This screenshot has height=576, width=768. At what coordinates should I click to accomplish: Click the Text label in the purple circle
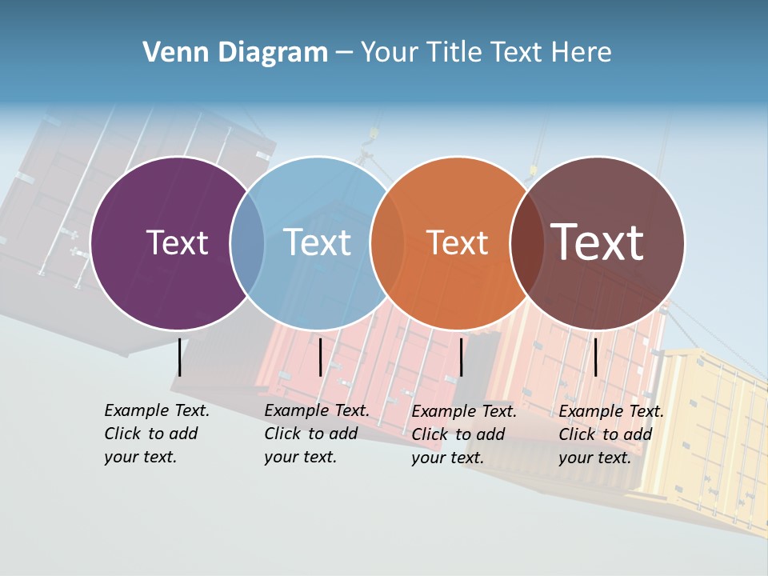point(177,242)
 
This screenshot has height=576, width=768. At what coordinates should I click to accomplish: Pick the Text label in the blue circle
point(318,242)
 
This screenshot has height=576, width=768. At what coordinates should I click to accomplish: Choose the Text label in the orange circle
point(457,242)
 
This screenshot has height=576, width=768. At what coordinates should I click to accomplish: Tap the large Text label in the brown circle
point(598,242)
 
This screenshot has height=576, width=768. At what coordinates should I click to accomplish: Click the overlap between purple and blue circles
point(247,243)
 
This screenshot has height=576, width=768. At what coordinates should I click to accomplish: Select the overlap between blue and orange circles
point(387,243)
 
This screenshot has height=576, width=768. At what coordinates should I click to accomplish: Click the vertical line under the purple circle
point(180,357)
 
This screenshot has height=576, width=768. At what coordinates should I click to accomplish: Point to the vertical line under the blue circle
point(320,357)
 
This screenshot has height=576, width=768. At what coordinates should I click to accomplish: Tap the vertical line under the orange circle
point(461,357)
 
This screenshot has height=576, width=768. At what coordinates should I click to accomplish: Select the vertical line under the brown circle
point(595,357)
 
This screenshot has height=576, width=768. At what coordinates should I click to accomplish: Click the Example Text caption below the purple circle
point(156,434)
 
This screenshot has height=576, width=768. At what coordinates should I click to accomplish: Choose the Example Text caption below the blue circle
point(316,434)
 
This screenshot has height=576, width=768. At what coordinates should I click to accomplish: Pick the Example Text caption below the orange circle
point(463,434)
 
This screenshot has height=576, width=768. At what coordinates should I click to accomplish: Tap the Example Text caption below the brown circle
point(610,434)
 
